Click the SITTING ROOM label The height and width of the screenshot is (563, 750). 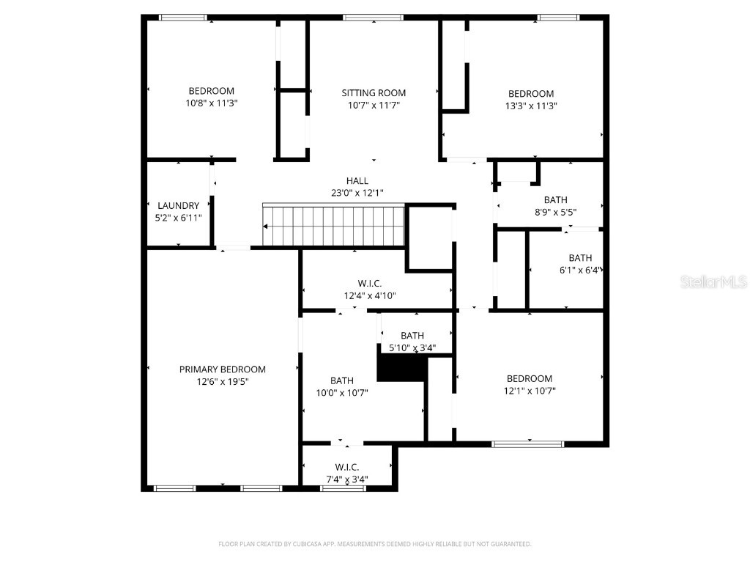pos(374,93)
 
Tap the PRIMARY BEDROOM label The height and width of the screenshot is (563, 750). pos(223,369)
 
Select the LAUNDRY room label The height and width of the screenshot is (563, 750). pos(178,206)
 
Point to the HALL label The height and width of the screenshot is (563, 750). pos(357,181)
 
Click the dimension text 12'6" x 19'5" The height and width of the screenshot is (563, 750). pos(223,381)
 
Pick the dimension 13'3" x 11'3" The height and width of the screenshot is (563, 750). pos(531,106)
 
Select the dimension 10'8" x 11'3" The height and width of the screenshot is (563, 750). pos(212,103)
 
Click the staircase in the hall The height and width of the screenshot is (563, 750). pos(334,226)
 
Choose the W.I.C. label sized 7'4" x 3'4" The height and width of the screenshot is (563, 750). pos(346,467)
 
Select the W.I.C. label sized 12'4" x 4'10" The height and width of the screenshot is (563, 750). pos(370,284)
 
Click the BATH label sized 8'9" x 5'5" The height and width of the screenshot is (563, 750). pos(555,200)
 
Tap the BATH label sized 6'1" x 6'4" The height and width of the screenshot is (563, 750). pos(580,258)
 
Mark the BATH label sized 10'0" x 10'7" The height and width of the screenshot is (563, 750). pos(342,380)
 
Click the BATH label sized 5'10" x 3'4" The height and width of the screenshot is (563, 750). pos(412,336)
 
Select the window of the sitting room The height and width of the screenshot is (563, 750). pos(374,18)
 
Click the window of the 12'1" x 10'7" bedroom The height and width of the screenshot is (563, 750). pos(527,444)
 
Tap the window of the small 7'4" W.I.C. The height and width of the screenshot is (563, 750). pos(342,488)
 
